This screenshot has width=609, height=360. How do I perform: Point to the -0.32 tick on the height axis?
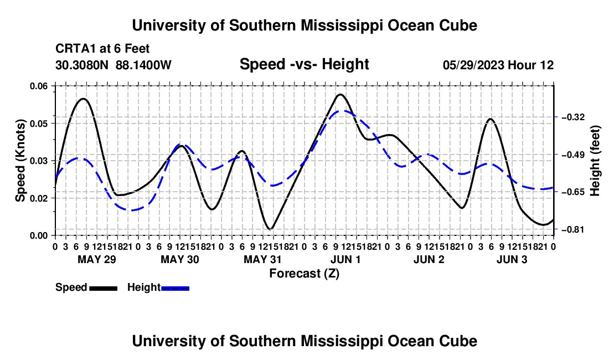tap(573, 117)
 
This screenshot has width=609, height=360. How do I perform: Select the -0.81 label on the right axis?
tap(573, 229)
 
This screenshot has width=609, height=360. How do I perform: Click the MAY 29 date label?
tap(97, 259)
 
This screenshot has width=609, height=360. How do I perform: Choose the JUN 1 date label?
tap(345, 259)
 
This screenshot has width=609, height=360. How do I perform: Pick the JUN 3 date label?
tap(512, 259)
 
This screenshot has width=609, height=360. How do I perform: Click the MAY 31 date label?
tap(262, 259)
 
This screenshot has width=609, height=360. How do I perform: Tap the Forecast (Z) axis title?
tap(304, 274)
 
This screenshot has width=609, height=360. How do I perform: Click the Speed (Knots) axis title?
tap(20, 161)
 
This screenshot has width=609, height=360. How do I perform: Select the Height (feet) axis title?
tap(595, 161)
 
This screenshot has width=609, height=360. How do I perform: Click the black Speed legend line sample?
tap(104, 289)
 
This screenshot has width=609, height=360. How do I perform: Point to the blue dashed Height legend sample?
tap(175, 289)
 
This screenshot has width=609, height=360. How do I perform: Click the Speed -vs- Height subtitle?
tap(304, 64)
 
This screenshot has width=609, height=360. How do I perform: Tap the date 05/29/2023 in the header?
tap(473, 65)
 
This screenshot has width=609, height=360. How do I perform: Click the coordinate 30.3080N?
tap(82, 65)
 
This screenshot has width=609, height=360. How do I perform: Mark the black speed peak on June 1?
tap(340, 94)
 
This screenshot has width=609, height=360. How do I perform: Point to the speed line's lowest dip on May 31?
tap(271, 229)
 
